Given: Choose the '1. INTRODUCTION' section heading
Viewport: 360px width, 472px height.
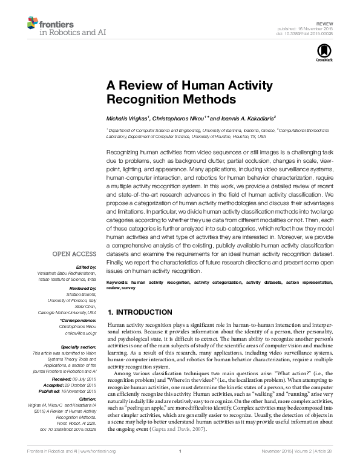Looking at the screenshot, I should [139, 312].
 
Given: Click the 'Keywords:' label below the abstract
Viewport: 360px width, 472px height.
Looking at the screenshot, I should [117, 283].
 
